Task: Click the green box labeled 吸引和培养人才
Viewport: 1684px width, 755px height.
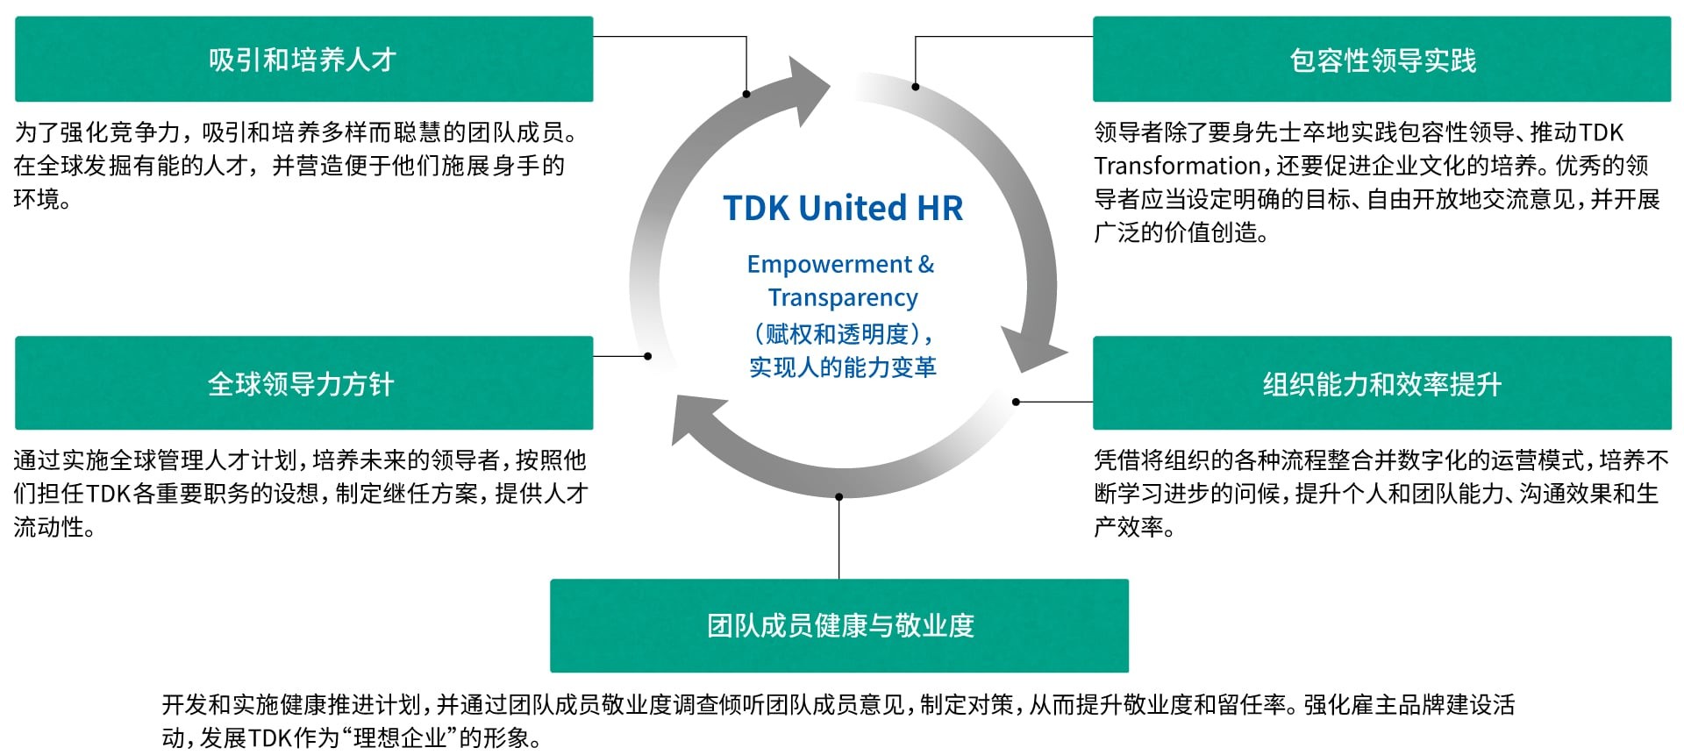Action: tap(303, 60)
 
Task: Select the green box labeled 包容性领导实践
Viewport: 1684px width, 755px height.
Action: tap(1381, 60)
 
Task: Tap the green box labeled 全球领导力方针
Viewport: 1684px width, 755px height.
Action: tap(303, 383)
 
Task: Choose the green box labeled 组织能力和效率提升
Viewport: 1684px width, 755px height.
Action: tap(1381, 383)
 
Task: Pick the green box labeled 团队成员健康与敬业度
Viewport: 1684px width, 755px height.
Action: tap(839, 625)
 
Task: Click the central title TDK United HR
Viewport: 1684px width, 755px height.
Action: tap(843, 208)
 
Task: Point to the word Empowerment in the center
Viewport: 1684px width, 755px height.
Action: tap(829, 264)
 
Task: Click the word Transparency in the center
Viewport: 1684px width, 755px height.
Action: tap(843, 297)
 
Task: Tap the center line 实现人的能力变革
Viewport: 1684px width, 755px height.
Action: tap(843, 367)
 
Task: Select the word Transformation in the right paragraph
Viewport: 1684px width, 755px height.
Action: tap(1178, 166)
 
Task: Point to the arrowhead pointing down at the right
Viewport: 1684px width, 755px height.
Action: tap(1033, 351)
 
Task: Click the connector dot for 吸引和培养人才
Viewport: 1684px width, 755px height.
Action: tap(746, 94)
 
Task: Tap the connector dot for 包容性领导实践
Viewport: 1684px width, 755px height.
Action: tap(916, 87)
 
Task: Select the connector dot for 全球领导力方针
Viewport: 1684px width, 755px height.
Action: tap(647, 356)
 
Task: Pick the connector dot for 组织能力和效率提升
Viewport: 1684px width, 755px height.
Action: tap(1016, 402)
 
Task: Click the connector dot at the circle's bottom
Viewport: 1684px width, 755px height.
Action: tap(838, 497)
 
